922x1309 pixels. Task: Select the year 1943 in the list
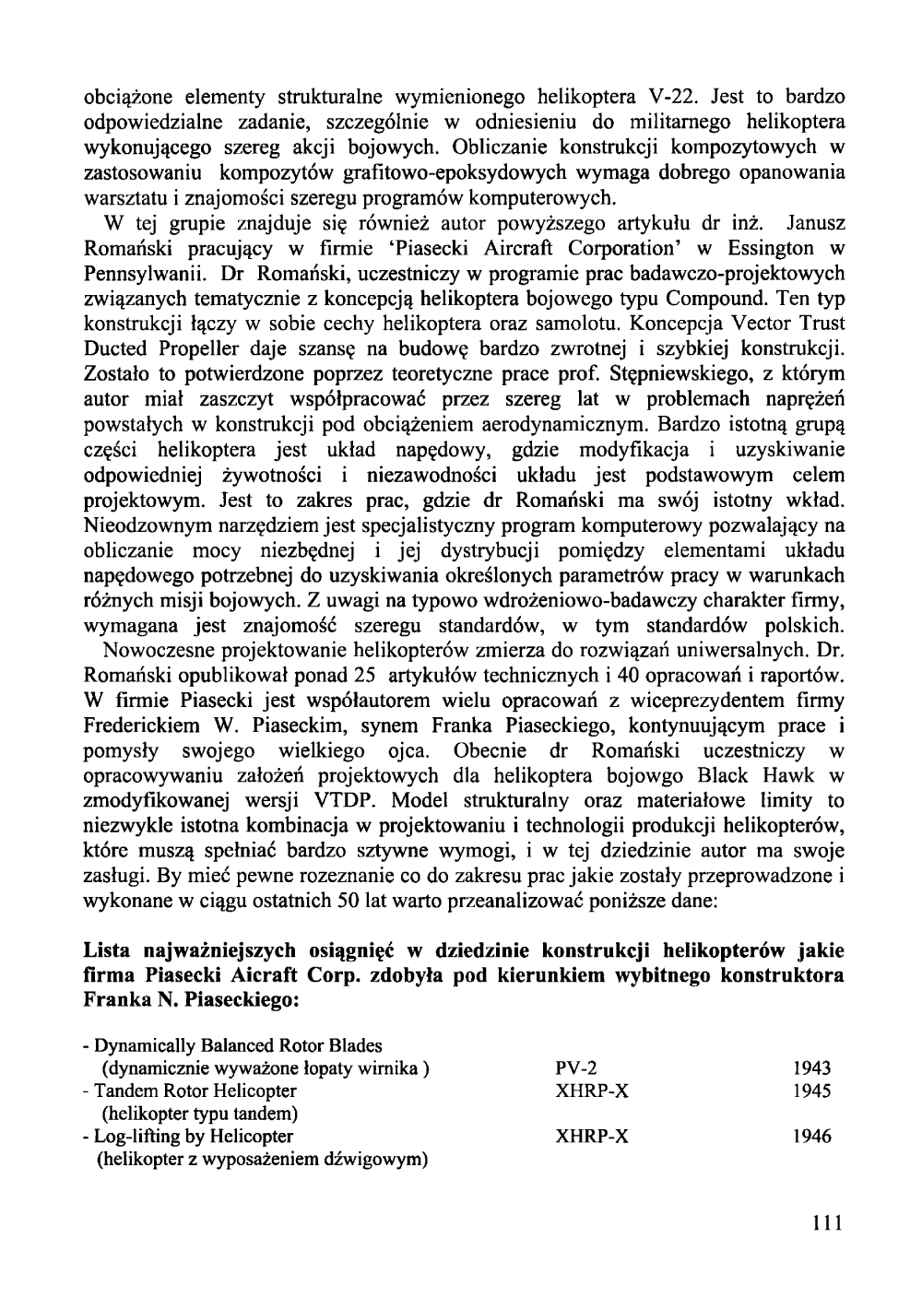(812, 1069)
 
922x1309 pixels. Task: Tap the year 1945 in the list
(812, 1091)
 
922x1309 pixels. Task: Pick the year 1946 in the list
(812, 1137)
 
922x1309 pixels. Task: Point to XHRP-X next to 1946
(593, 1137)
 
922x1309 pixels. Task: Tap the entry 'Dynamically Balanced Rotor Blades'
(232, 1046)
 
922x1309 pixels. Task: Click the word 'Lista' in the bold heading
(108, 949)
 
